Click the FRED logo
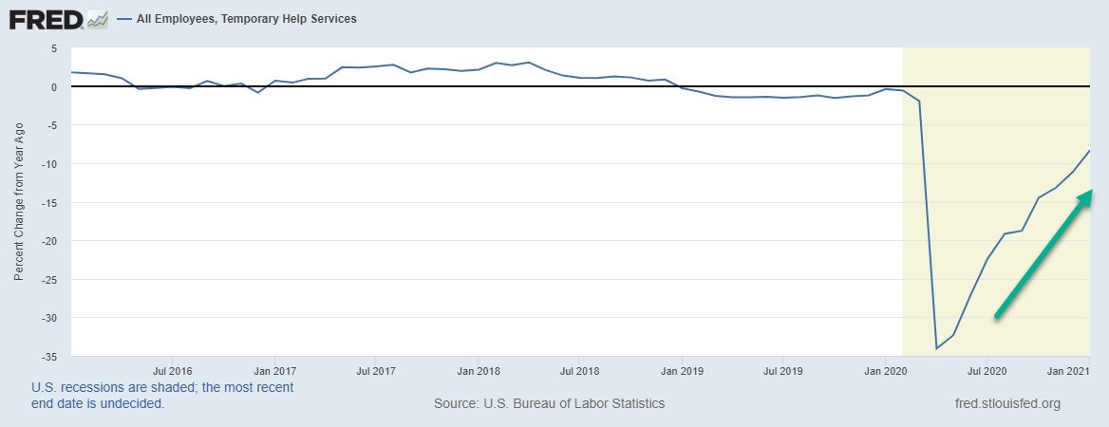45,19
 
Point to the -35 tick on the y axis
53,357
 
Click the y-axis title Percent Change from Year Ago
19,201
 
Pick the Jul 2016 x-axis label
173,371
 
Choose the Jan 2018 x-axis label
479,371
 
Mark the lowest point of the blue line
937,348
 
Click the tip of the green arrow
1093,190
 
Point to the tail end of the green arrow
995,316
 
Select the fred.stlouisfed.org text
1006,403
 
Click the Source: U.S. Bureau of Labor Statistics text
549,403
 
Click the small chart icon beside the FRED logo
97,19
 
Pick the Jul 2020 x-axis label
987,371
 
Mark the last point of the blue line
1089,151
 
